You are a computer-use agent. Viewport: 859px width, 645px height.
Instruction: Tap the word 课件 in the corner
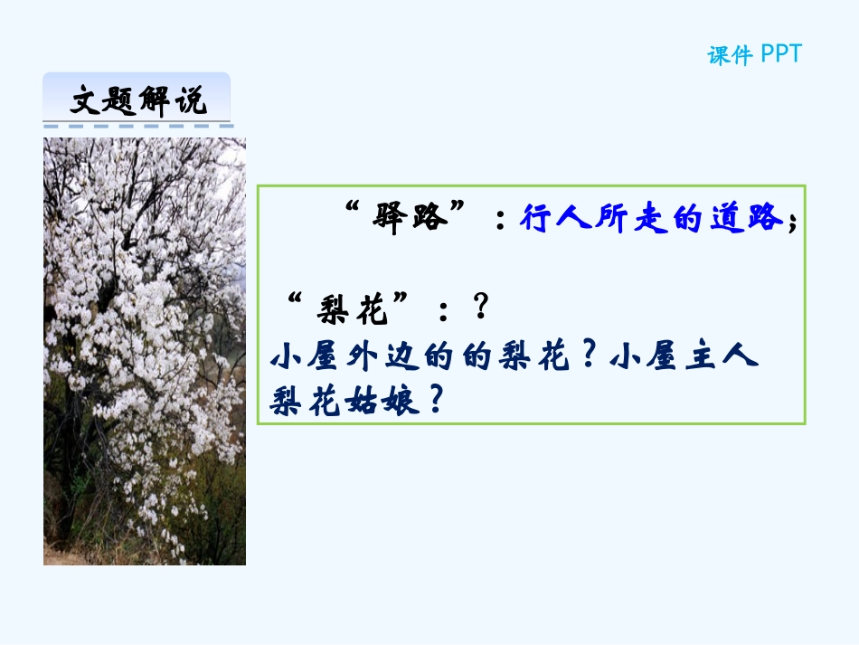(x=729, y=56)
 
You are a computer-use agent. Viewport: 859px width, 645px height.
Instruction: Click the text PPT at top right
(x=781, y=54)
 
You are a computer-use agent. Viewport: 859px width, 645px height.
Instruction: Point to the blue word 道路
(x=747, y=219)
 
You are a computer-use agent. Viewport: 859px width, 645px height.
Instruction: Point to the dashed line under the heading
(x=137, y=126)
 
